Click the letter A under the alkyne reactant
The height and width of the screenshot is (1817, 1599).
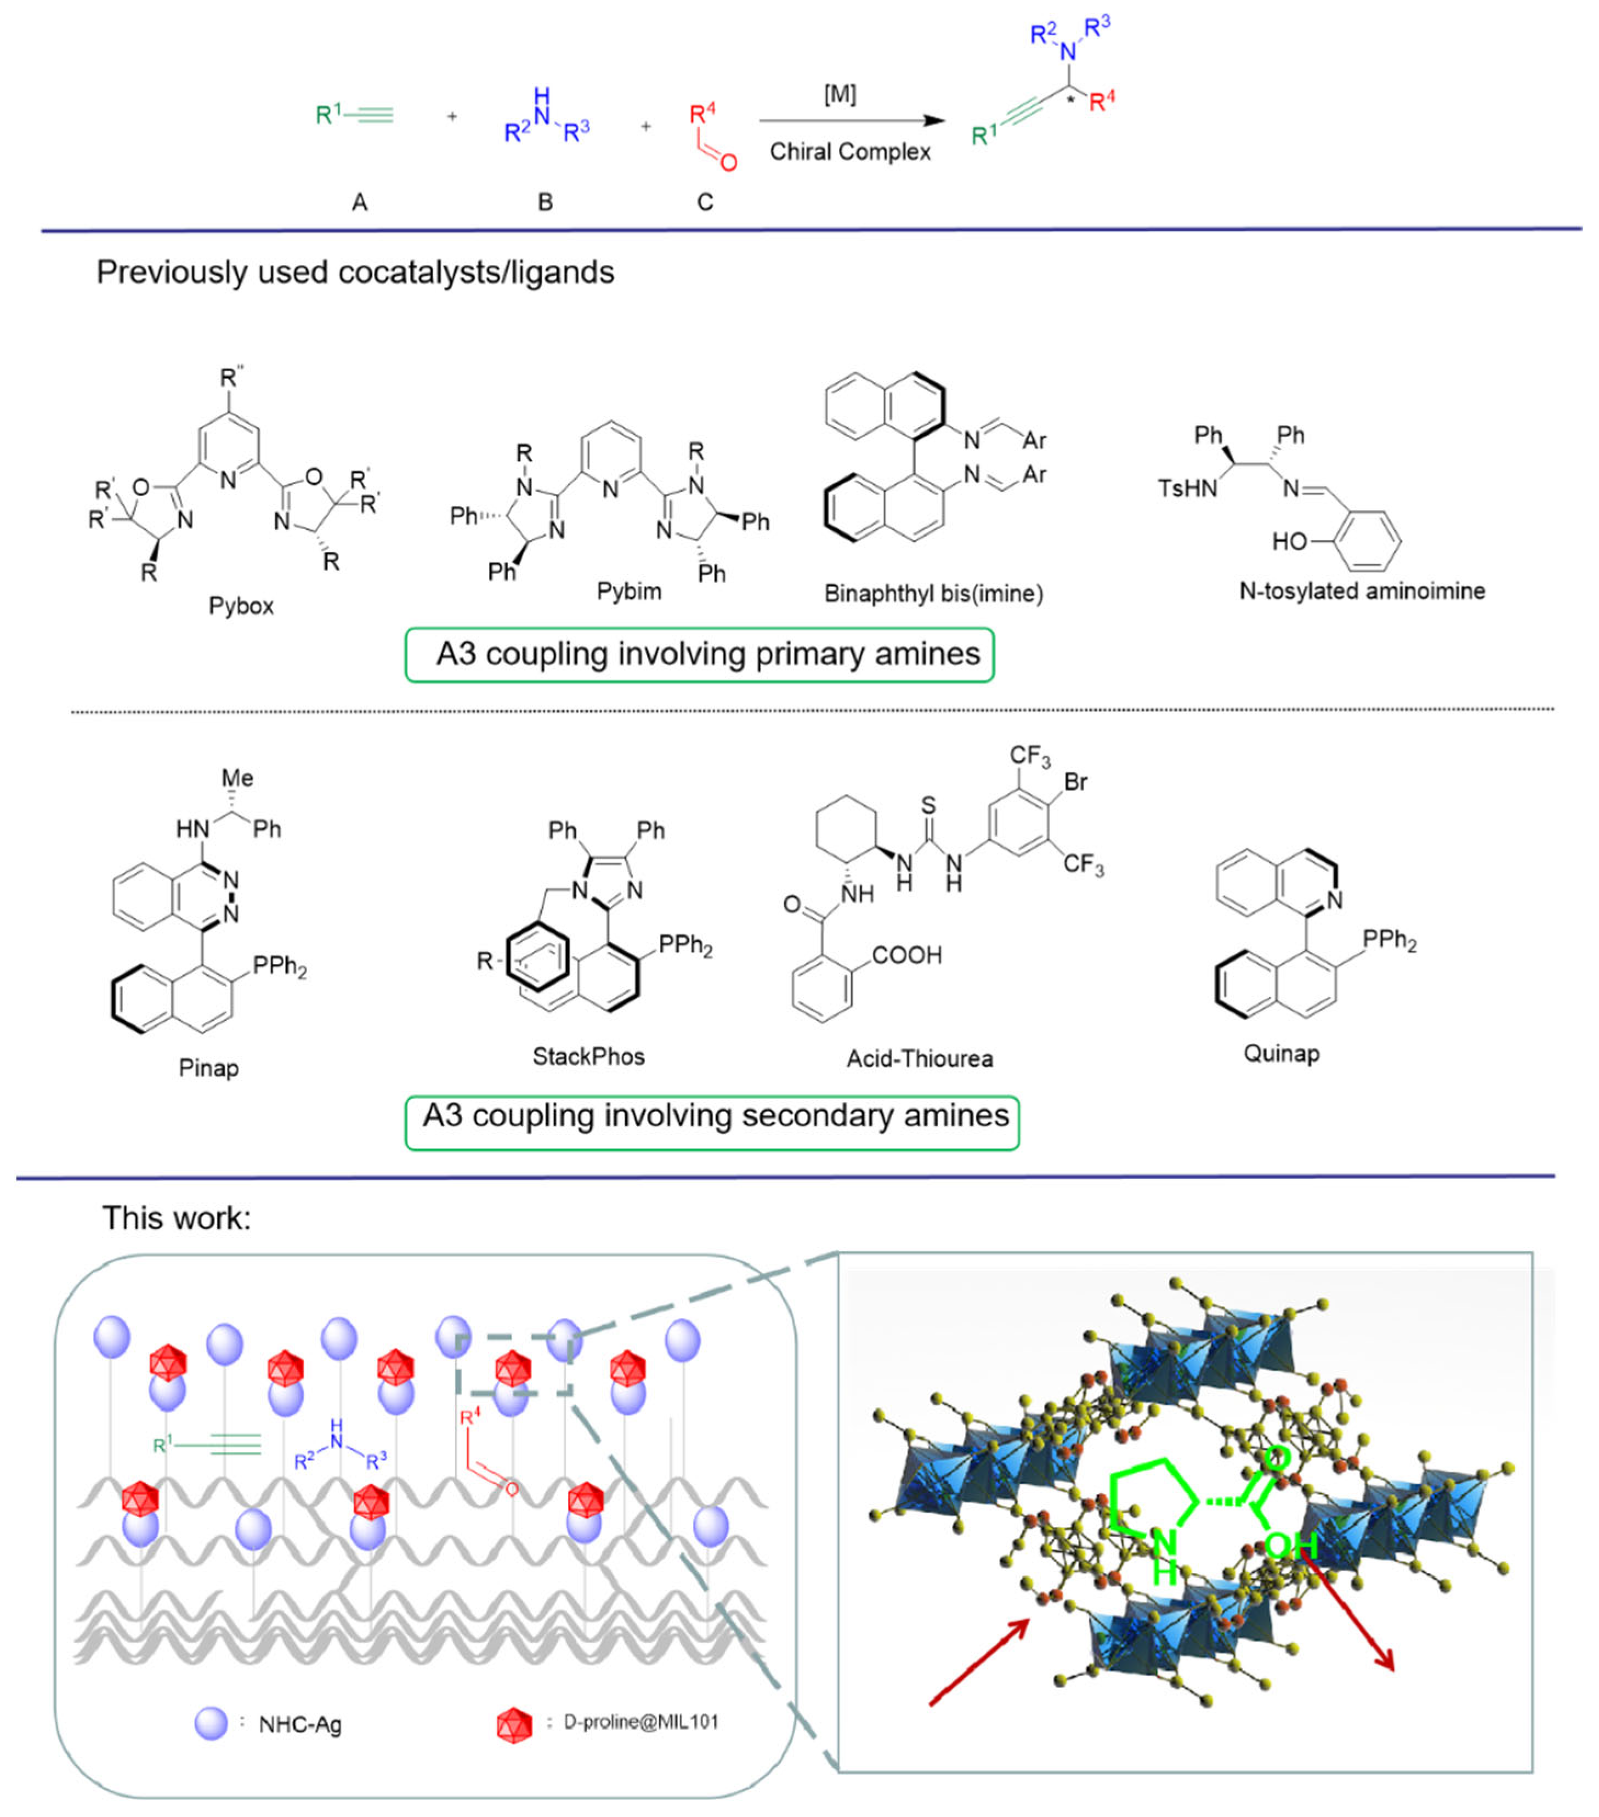359,203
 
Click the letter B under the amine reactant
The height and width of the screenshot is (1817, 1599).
545,203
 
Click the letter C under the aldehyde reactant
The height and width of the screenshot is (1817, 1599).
704,203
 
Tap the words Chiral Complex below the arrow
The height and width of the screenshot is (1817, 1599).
850,152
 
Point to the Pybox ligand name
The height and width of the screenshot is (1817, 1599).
241,606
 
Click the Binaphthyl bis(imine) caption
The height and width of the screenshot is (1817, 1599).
933,594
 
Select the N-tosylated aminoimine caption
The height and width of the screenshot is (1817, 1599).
1362,591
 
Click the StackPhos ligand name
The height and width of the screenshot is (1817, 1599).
588,1056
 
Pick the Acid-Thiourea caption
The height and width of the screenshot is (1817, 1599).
919,1059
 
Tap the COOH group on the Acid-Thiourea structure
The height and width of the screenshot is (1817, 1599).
906,956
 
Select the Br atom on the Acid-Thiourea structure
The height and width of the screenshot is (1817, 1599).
1075,782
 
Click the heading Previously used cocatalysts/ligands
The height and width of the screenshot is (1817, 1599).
355,272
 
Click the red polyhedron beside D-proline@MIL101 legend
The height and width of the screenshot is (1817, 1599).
514,1724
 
